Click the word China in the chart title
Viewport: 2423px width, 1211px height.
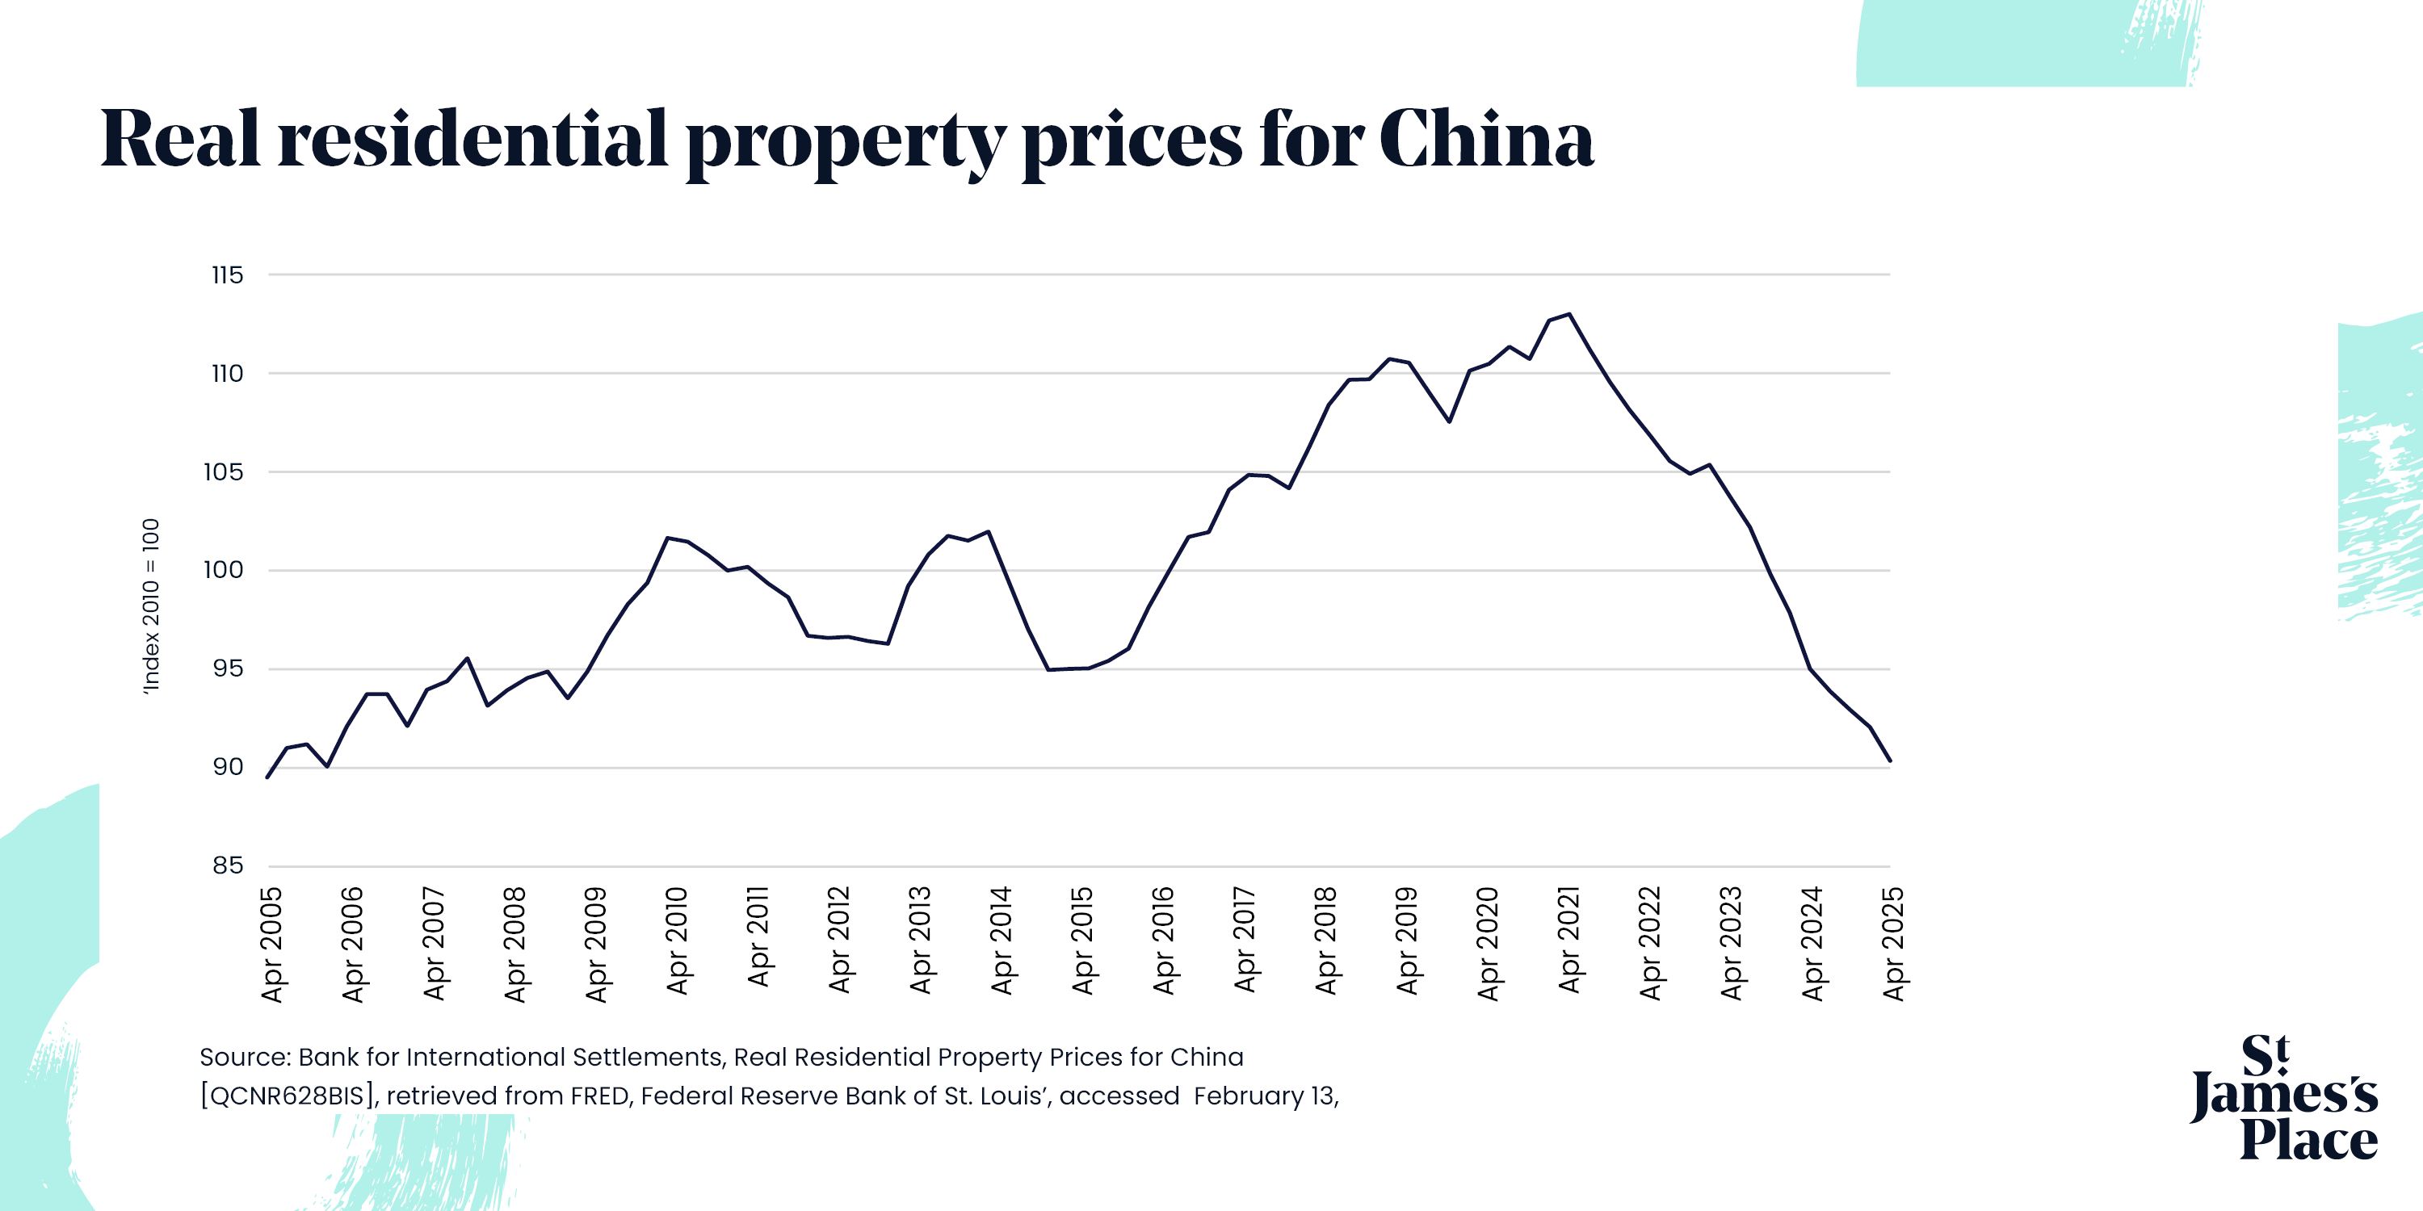tap(1486, 139)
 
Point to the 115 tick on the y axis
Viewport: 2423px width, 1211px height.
tap(227, 275)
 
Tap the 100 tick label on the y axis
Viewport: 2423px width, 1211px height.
tap(223, 570)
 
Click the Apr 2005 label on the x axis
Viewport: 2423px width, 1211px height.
tap(272, 944)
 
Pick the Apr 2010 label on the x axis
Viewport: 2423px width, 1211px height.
tap(678, 941)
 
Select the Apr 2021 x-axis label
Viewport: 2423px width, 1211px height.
tap(1569, 941)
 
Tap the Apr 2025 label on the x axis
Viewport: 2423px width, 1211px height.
tap(1893, 943)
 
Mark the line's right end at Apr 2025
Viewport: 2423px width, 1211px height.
tap(1890, 761)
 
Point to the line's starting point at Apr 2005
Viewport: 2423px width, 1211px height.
tap(268, 777)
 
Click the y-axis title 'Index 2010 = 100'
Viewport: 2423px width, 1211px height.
tap(150, 606)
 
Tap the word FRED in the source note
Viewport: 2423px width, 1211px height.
tap(599, 1096)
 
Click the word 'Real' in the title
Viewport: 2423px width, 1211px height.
tap(179, 139)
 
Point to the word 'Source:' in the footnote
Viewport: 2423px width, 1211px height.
tap(245, 1057)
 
